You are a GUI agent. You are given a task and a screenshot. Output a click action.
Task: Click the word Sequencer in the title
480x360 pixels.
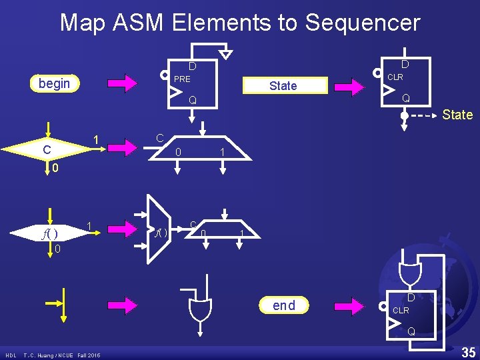tap(363, 23)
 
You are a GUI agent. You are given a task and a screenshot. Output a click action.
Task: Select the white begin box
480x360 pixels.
tap(55, 83)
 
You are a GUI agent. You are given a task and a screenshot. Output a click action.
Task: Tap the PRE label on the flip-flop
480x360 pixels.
tap(182, 79)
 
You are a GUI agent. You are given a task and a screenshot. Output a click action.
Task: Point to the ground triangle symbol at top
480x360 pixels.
tap(227, 53)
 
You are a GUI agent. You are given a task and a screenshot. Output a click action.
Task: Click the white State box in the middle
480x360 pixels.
tap(283, 85)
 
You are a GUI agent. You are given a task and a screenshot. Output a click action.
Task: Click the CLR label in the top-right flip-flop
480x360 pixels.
tap(395, 77)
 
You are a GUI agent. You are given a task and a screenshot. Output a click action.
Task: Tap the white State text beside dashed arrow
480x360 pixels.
tap(457, 115)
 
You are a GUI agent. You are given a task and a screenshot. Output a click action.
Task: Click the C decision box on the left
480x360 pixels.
tap(47, 150)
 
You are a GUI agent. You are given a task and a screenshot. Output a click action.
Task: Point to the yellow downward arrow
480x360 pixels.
tap(63, 303)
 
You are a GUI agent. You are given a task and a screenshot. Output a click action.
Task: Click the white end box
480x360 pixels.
tap(284, 305)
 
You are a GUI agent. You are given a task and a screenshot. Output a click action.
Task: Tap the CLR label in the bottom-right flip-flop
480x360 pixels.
tap(401, 311)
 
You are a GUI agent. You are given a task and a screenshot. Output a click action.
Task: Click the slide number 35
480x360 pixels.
tap(468, 351)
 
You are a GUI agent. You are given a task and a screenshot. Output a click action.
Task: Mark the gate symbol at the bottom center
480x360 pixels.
tap(200, 309)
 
